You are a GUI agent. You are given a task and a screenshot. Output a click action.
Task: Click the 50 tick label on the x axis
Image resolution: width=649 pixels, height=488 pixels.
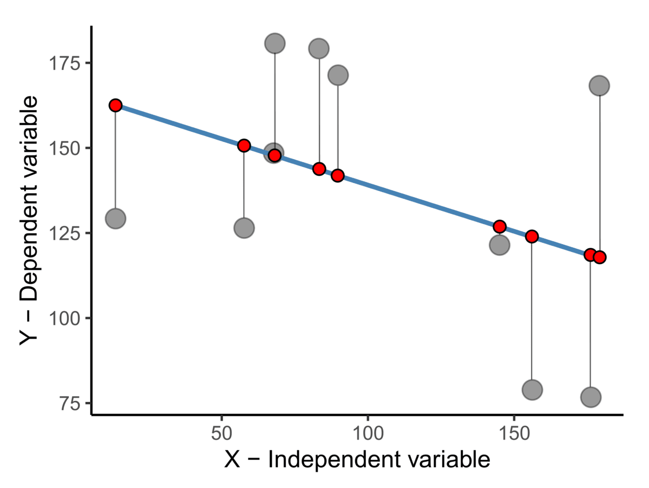click(x=222, y=434)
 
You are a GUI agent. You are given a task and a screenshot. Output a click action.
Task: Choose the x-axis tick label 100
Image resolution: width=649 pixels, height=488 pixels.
click(x=367, y=434)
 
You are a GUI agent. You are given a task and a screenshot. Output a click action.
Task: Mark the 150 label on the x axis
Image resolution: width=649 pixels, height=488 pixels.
click(x=514, y=434)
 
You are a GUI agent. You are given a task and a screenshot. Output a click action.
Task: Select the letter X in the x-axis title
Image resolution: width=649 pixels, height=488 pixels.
click(x=232, y=460)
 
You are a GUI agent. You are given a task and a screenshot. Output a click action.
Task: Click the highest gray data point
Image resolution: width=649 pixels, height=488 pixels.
click(x=275, y=44)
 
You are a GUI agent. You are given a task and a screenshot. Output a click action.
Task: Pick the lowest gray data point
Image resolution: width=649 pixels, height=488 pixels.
click(x=591, y=397)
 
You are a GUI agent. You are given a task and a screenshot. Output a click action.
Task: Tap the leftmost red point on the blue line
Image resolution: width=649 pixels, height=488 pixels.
click(x=116, y=105)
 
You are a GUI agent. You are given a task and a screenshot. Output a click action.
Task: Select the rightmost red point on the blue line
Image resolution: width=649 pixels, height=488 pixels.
click(x=600, y=257)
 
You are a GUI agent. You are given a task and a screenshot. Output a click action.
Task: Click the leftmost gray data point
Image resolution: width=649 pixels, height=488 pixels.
click(x=116, y=219)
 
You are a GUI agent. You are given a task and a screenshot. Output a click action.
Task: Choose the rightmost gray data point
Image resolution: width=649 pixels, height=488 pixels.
click(x=599, y=86)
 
